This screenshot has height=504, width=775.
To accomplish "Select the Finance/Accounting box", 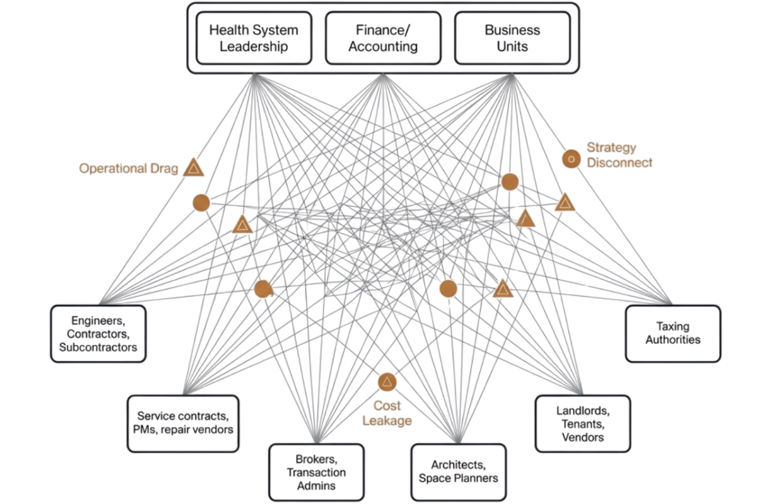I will [x=383, y=38].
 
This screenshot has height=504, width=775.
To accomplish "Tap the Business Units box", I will [x=512, y=38].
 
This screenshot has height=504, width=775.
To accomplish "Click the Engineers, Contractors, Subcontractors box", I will [x=98, y=333].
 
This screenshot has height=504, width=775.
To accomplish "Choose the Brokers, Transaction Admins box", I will [x=316, y=472].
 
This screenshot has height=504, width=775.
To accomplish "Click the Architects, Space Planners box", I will [x=458, y=472].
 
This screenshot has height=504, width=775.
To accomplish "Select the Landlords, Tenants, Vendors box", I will [x=583, y=423].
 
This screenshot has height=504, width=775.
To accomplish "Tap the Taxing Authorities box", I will [x=672, y=333].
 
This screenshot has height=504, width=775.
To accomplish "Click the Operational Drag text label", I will [x=129, y=168].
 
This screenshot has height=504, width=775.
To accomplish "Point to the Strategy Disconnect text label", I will [x=619, y=155].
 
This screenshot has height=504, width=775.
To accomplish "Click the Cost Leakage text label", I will [x=387, y=413].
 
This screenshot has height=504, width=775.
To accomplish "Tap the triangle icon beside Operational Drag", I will [x=193, y=168].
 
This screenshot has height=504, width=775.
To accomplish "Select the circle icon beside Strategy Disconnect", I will [x=570, y=158].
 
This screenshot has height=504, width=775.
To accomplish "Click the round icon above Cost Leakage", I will [x=387, y=382].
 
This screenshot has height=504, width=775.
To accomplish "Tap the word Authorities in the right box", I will [x=672, y=340].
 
